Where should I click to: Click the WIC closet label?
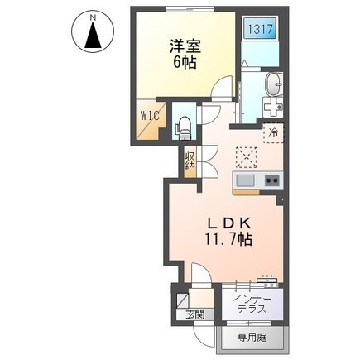click(150, 116)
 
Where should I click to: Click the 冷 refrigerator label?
click(271, 131)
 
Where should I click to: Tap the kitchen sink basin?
click(244, 181)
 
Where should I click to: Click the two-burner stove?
click(271, 181)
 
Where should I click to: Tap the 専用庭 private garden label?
click(252, 338)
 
